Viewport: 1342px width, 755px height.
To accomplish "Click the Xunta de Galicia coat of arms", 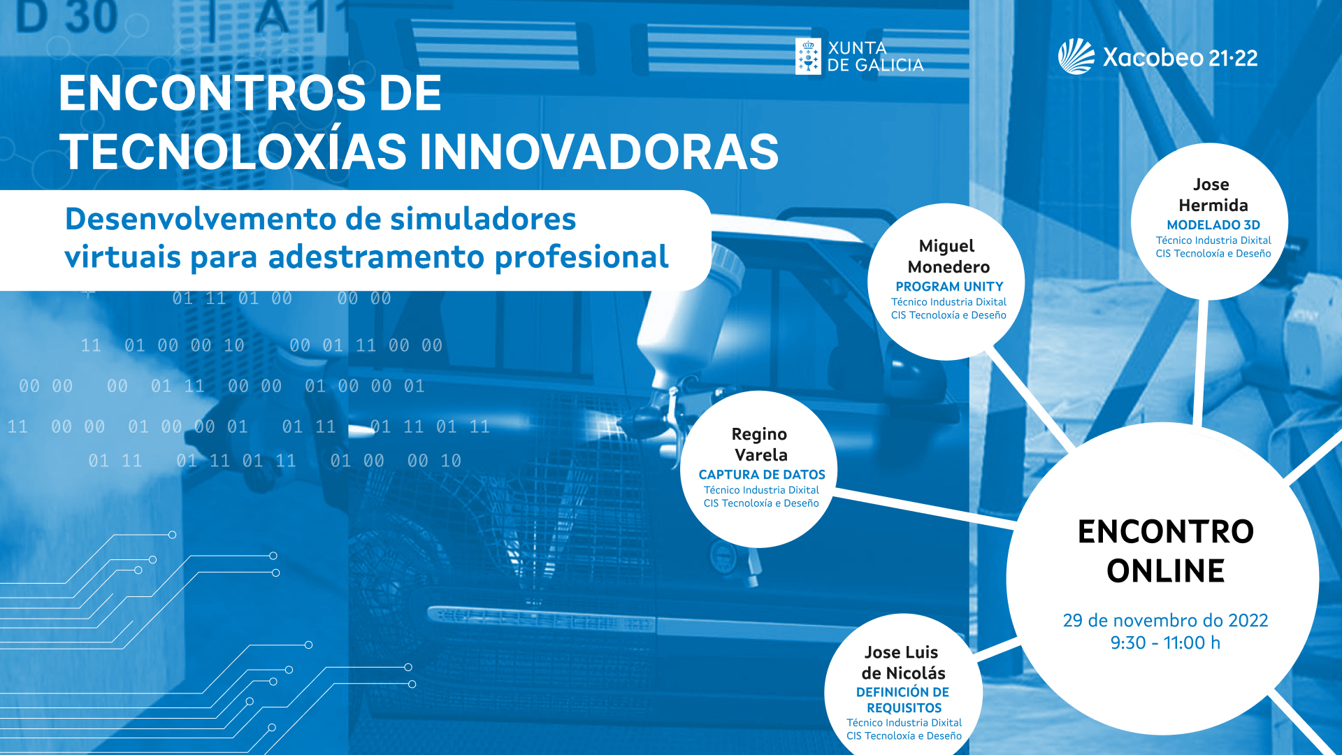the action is [808, 56].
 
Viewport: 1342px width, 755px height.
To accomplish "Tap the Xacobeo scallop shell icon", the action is [1076, 56].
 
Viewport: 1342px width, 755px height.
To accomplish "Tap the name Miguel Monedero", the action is [948, 257].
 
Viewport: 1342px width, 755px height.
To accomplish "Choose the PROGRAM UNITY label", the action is [949, 287].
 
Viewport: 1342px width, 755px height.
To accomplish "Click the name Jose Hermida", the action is [1213, 195].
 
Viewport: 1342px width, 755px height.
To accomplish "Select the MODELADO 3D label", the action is [1213, 225].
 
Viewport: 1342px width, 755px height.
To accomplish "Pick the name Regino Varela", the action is [760, 445].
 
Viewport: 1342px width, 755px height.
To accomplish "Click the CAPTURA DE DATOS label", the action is [762, 475].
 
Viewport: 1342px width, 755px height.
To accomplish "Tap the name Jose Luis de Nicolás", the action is [903, 663].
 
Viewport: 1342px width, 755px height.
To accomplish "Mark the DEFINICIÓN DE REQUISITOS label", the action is [903, 700].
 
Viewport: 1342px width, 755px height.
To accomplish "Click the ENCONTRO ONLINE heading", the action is [1165, 551].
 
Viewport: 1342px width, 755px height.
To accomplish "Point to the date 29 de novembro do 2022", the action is [1165, 620].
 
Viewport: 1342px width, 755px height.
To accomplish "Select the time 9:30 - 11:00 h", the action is [1165, 642].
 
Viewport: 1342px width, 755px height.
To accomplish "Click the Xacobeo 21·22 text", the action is [1180, 57].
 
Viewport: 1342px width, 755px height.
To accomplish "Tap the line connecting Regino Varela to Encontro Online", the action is [924, 508].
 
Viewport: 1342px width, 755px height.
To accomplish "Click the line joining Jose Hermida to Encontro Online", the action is [1200, 362].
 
